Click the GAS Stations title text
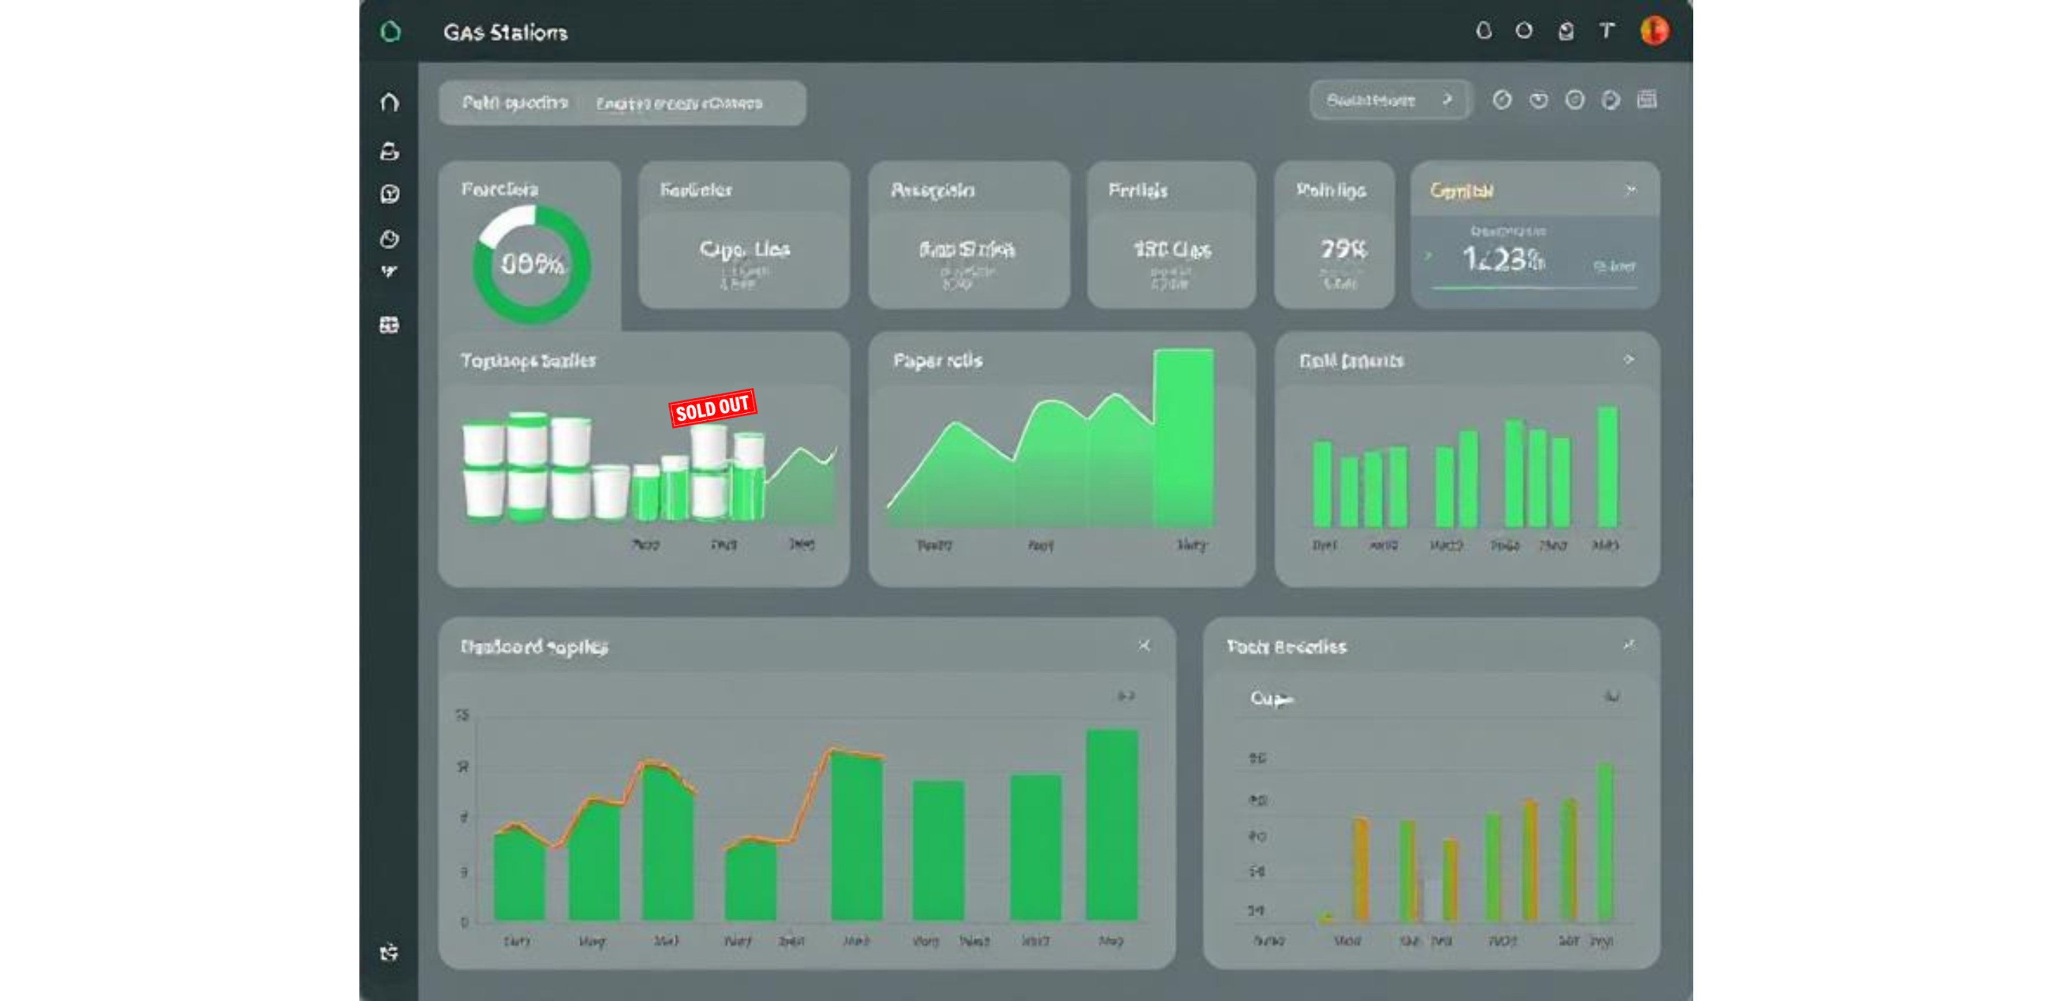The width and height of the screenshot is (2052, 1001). click(505, 33)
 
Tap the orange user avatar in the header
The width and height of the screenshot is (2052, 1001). click(1654, 31)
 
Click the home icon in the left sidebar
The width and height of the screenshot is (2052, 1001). click(390, 102)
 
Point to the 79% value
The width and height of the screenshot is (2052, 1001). click(1343, 250)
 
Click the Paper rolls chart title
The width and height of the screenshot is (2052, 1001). click(938, 361)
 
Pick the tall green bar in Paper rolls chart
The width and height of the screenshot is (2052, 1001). click(1184, 438)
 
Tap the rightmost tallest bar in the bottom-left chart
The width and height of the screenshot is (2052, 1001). click(1111, 825)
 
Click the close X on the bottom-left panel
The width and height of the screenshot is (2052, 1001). click(1144, 645)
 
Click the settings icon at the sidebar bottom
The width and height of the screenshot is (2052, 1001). click(390, 952)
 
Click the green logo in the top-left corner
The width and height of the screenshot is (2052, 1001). click(390, 32)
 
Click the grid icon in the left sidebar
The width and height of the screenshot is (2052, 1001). click(390, 325)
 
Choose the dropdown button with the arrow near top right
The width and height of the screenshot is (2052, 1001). click(1389, 101)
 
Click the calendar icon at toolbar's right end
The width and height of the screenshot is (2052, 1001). click(1646, 99)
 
